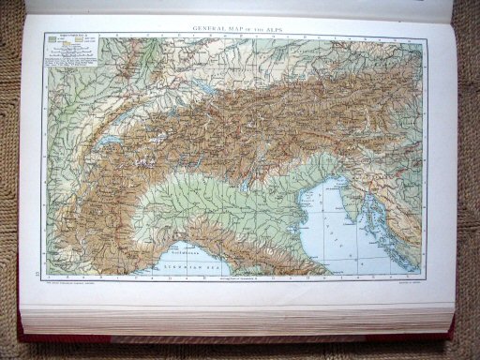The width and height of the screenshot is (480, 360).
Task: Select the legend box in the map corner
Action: (65, 51)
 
